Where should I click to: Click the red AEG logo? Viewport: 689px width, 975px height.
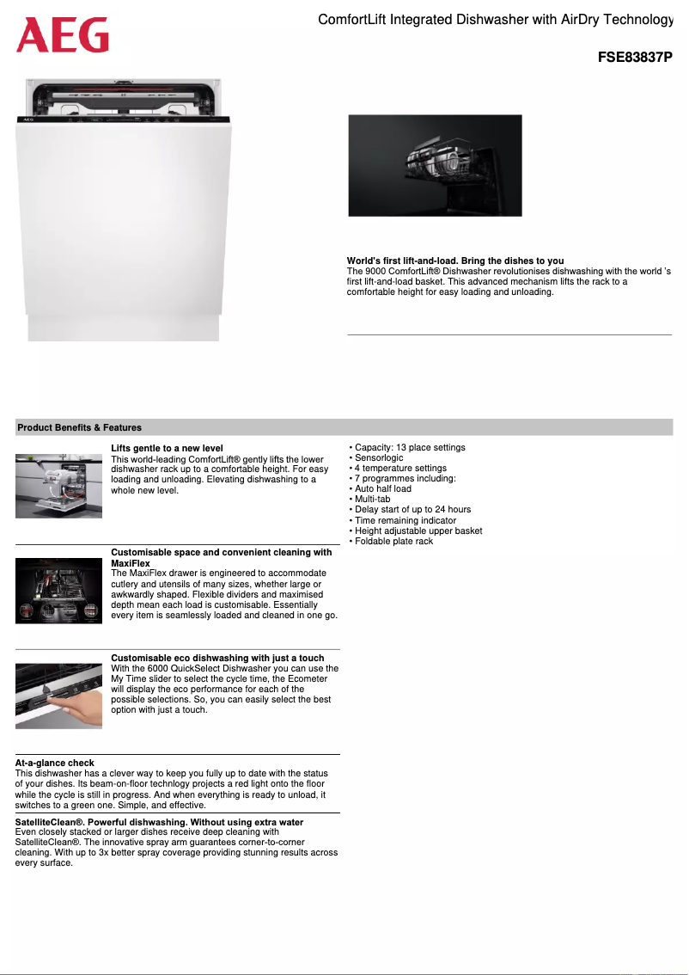coord(63,36)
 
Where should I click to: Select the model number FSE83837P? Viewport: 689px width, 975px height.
coord(635,58)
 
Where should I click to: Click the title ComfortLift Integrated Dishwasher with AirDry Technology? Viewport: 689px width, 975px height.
coord(495,19)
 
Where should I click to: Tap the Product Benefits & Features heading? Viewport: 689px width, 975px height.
coord(80,427)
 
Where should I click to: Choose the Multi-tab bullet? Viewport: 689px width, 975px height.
coord(372,500)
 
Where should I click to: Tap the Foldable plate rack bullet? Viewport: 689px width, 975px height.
coord(393,541)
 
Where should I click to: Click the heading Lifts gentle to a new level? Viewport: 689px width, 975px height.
coord(167,449)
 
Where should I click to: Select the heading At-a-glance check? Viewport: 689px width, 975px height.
coord(55,763)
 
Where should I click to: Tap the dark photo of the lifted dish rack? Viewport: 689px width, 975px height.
coord(435,165)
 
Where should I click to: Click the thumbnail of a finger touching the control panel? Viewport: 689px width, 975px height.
coord(58,696)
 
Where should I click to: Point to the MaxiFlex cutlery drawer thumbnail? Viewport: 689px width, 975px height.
coord(58,591)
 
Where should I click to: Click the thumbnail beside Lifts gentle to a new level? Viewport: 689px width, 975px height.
coord(58,486)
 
